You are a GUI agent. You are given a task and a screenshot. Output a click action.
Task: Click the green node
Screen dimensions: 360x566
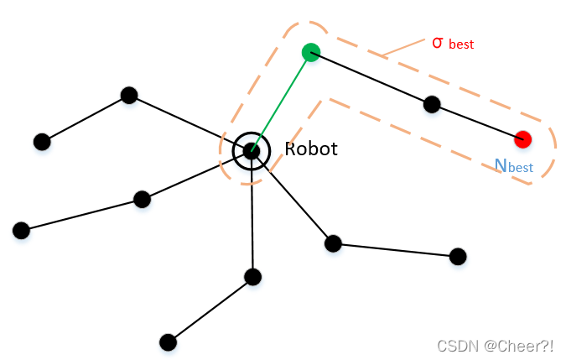(310, 53)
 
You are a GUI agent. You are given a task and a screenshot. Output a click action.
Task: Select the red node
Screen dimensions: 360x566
(523, 138)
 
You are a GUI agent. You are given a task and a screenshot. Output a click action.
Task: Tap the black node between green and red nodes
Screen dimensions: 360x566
(432, 104)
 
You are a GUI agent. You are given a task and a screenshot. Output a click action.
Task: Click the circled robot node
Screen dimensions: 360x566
(252, 151)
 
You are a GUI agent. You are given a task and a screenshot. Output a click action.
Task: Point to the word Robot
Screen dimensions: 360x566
(311, 149)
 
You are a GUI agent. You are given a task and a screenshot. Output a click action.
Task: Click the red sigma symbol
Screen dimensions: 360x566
(437, 41)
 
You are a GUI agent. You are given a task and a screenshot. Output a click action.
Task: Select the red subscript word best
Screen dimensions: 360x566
(462, 44)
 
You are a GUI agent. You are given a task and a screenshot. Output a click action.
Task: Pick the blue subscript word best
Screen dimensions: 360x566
(520, 168)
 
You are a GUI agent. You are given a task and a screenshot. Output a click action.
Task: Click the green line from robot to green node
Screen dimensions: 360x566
(281, 102)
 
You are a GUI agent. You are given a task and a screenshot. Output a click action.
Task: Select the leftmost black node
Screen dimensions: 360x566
(21, 230)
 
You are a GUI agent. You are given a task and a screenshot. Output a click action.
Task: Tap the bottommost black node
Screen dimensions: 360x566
(168, 342)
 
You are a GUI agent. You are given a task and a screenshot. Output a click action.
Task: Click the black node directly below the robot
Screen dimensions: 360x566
(252, 276)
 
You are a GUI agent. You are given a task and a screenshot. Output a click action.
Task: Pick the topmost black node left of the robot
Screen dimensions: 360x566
(128, 95)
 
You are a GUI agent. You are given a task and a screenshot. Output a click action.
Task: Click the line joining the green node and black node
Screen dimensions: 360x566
(371, 78)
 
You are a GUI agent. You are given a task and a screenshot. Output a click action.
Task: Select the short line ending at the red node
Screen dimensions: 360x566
(478, 122)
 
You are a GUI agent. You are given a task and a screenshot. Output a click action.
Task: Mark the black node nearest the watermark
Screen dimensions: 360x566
(457, 256)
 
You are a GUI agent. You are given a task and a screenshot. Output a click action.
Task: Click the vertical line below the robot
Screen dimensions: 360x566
(252, 218)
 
